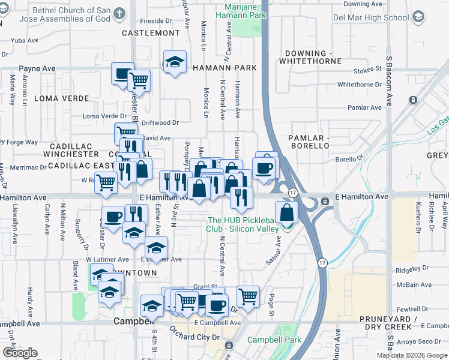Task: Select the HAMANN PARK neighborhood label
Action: point(225,68)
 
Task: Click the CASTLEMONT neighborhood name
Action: point(151,33)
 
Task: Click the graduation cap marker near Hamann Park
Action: point(175,62)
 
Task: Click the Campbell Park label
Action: point(277,340)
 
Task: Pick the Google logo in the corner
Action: point(20,353)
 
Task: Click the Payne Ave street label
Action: point(37,69)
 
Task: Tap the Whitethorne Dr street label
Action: point(360,85)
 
